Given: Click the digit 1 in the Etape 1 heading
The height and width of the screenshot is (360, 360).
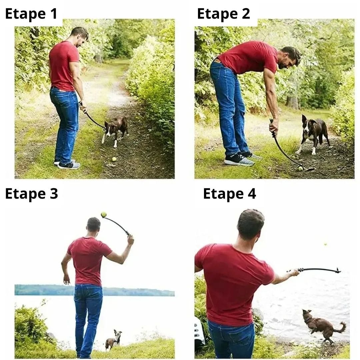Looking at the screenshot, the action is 54,14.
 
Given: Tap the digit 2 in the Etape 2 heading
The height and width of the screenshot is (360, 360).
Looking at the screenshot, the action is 246,14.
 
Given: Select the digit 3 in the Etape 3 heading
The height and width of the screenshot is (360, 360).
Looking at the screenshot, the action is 54,194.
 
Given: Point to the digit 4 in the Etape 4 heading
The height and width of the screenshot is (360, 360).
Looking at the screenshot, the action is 252,194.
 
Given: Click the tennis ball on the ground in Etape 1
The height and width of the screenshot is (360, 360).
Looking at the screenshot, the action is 114,159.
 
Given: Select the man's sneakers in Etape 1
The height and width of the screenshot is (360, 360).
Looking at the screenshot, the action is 67,164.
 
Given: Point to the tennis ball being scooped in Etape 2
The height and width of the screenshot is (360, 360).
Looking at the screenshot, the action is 300,169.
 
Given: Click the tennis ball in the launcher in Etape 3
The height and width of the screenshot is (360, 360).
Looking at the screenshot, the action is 104,215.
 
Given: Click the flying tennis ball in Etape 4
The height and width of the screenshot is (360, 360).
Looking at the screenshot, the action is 325,244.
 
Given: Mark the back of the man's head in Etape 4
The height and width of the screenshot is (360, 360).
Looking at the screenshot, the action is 250,224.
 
